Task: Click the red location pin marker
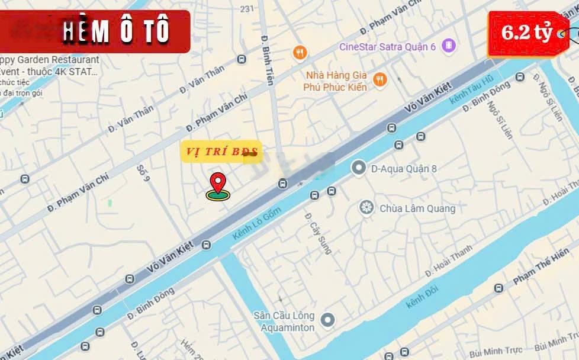click(x=218, y=183)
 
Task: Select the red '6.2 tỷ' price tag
click(x=526, y=33)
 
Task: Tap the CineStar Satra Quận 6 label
click(x=387, y=46)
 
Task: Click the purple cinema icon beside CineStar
click(x=449, y=45)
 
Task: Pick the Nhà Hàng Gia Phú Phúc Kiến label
click(x=336, y=81)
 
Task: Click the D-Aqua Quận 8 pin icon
click(x=358, y=169)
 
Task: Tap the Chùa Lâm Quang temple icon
click(x=367, y=208)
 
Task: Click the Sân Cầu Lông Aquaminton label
click(x=284, y=321)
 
